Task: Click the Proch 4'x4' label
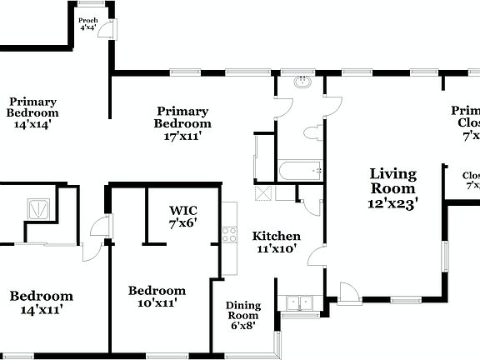[x=87, y=23]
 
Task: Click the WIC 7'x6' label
[x=182, y=217]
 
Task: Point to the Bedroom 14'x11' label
[x=41, y=302]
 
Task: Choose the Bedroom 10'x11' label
[x=157, y=297]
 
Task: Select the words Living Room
[x=393, y=181]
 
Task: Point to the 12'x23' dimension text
[x=393, y=201]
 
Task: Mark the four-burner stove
[x=228, y=236]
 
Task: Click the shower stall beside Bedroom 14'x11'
[x=37, y=207]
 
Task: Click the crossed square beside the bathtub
[x=264, y=192]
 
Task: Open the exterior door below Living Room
[x=348, y=292]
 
